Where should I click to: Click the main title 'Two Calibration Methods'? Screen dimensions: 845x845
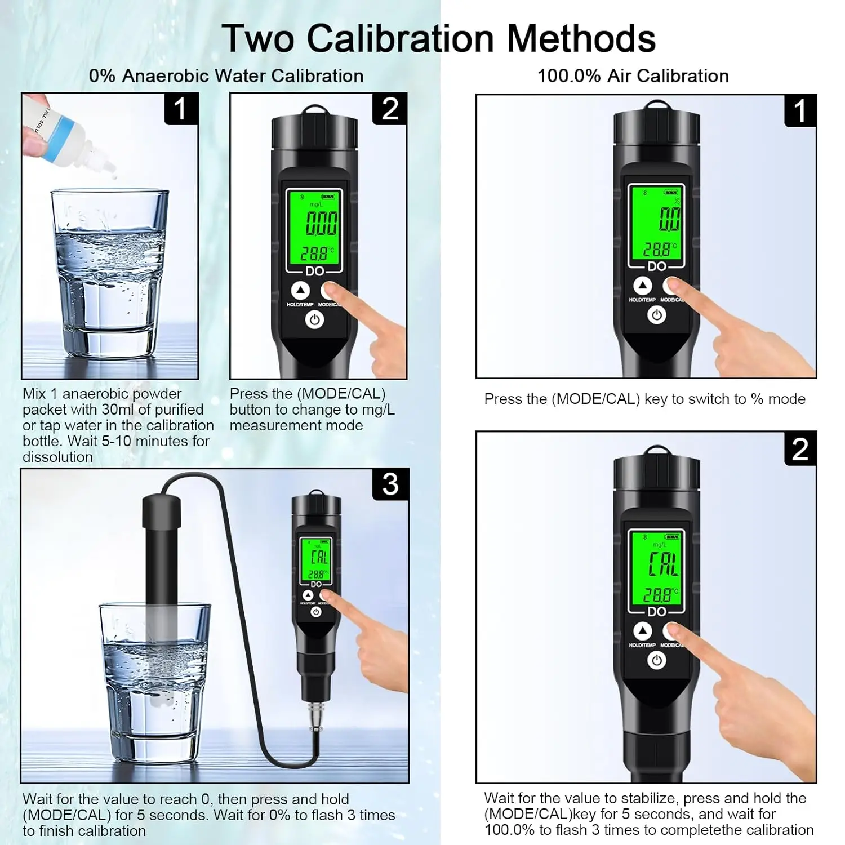pyautogui.click(x=439, y=38)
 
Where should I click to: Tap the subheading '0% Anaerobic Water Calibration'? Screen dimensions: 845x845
pyautogui.click(x=226, y=75)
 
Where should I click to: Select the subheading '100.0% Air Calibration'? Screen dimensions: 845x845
pyautogui.click(x=633, y=75)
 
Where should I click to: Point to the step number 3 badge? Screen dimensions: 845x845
pyautogui.click(x=390, y=484)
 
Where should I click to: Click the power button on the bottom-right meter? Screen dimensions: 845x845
pyautogui.click(x=656, y=660)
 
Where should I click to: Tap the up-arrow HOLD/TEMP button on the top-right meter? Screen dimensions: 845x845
pyautogui.click(x=642, y=286)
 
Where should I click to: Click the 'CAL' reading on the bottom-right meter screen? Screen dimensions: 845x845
pyautogui.click(x=664, y=564)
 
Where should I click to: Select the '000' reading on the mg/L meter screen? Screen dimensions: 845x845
pyautogui.click(x=322, y=223)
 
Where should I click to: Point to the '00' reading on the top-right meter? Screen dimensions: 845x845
pyautogui.click(x=670, y=219)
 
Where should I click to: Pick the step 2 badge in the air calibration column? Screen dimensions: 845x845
pyautogui.click(x=800, y=449)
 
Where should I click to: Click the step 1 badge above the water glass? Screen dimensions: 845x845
pyautogui.click(x=181, y=109)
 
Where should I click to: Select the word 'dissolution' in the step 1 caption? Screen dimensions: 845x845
pyautogui.click(x=57, y=457)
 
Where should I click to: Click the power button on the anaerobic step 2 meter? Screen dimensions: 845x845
pyautogui.click(x=315, y=320)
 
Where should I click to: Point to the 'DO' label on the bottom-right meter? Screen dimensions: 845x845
pyautogui.click(x=657, y=612)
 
